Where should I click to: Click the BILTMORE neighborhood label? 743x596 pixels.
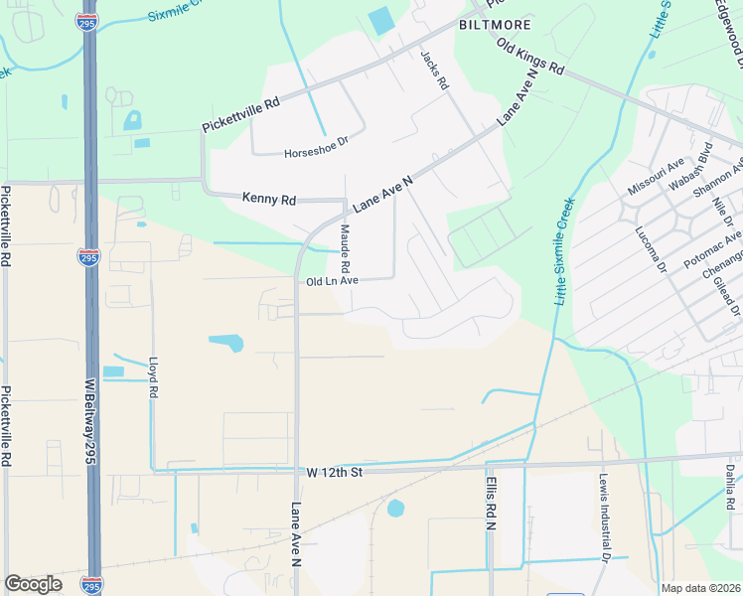[x=494, y=24]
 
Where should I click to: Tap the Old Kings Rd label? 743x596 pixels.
[x=530, y=59]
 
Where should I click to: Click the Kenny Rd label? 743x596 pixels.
[x=269, y=200]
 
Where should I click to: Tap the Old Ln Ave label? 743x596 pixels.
[x=331, y=281]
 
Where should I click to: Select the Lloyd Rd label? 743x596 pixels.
[x=154, y=378]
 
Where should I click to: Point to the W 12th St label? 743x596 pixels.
[x=336, y=471]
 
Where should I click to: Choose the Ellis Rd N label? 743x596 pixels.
[x=491, y=504]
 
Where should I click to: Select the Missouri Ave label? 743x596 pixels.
[x=657, y=176]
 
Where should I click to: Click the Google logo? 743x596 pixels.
[x=33, y=584]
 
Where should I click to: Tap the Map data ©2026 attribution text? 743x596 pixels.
[x=700, y=588]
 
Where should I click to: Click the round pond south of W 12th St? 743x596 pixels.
[x=395, y=509]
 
